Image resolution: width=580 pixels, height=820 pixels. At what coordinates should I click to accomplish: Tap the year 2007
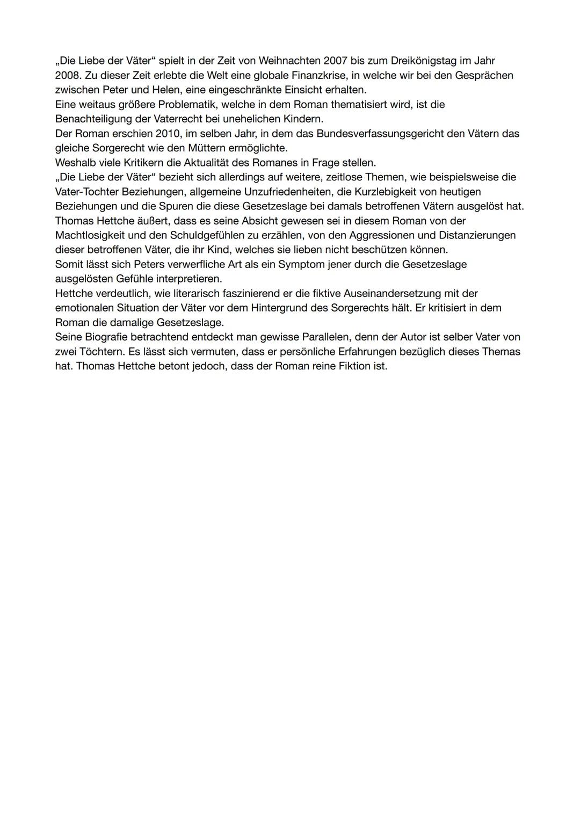click(336, 61)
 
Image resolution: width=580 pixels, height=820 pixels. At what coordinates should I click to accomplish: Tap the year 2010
click(168, 133)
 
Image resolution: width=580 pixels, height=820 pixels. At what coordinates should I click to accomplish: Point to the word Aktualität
click(204, 162)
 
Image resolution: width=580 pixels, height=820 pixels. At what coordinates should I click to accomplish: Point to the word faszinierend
click(249, 293)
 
